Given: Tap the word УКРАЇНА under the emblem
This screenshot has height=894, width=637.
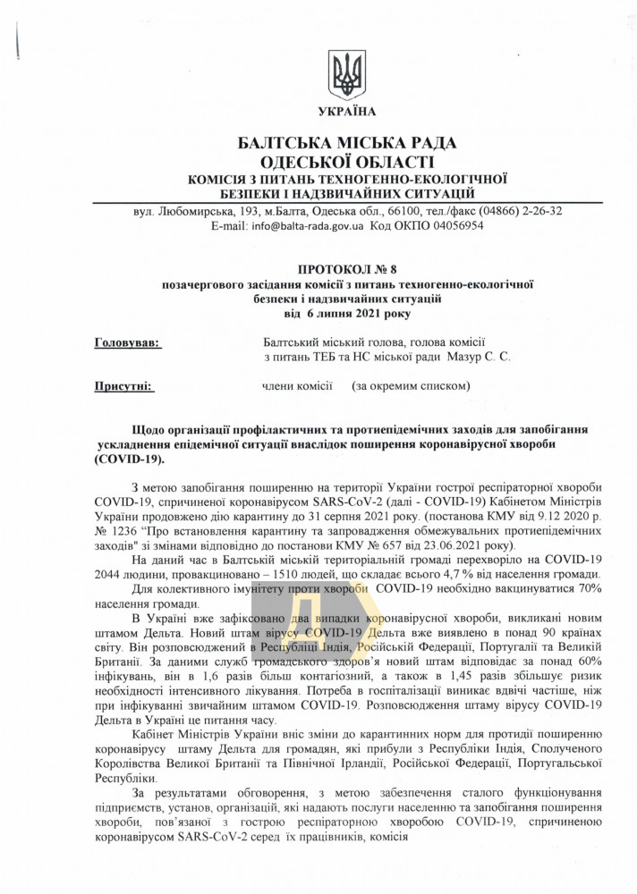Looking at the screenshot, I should click(x=346, y=112).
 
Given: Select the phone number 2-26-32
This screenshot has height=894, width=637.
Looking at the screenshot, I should click(x=537, y=211).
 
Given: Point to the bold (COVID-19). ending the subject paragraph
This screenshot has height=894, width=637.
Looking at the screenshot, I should click(x=129, y=459).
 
